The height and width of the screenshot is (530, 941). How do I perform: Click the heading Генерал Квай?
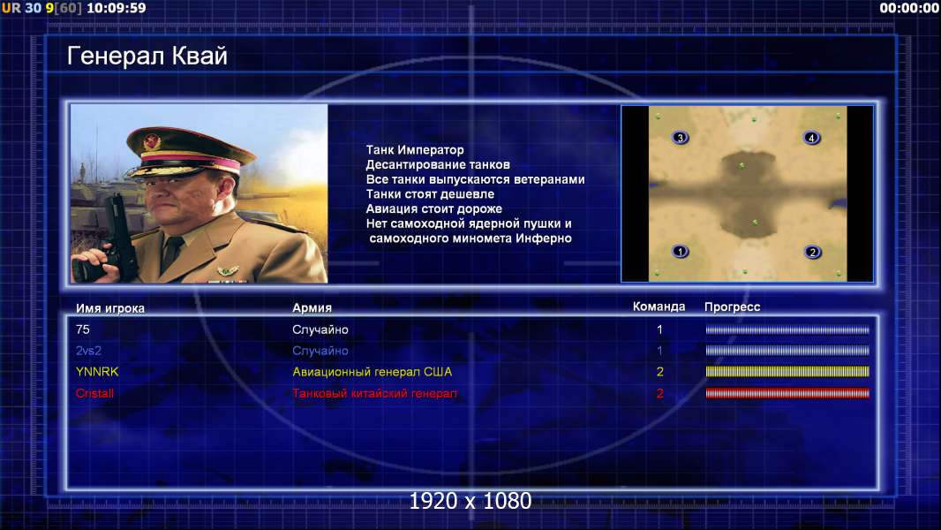click(147, 56)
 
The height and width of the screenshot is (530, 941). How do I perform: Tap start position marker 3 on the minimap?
click(680, 138)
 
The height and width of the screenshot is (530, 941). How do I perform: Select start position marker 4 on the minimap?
click(811, 138)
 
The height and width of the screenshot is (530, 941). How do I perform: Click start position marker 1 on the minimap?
click(680, 252)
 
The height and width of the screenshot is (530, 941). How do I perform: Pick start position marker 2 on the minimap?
click(813, 252)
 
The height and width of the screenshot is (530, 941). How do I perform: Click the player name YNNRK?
click(97, 372)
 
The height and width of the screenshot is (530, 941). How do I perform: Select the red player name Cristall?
click(94, 393)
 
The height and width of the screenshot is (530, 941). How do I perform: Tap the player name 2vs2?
click(88, 351)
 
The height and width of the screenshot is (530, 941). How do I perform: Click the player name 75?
click(83, 329)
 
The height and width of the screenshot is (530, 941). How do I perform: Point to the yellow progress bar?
click(787, 372)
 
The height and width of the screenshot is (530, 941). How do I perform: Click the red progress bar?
click(787, 393)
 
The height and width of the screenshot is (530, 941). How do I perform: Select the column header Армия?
click(312, 308)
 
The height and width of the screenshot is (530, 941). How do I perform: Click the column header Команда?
click(659, 307)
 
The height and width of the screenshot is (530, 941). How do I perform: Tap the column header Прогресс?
click(732, 307)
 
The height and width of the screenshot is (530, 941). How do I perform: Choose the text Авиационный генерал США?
click(373, 372)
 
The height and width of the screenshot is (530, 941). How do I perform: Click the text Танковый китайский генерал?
click(374, 393)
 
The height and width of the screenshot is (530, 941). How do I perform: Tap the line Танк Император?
click(415, 150)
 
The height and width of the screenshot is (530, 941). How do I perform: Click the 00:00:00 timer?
click(909, 8)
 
